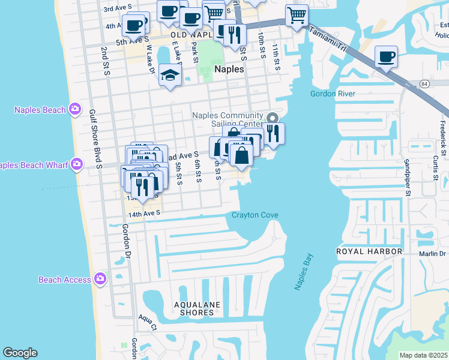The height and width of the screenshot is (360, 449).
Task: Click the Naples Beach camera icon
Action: click(75, 109)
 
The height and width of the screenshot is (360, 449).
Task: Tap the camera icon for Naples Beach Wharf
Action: click(77, 164)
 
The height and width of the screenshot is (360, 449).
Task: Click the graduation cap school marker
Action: click(170, 75)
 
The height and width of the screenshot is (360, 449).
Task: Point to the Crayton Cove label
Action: click(255, 215)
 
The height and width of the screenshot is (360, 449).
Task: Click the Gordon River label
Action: click(333, 94)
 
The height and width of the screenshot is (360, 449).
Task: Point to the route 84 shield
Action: click(424, 83)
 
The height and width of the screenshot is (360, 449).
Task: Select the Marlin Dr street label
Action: click(434, 254)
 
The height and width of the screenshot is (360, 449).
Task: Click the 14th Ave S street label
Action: click(144, 212)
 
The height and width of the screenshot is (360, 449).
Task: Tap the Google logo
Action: click(20, 353)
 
